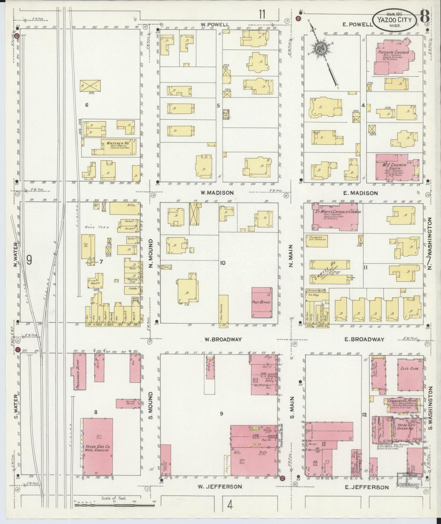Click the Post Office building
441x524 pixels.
pos(262,302)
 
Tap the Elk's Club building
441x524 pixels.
pos(410,375)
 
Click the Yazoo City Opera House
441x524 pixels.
pos(404,429)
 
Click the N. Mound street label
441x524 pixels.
pos(150,257)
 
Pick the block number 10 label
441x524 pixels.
pos(223,262)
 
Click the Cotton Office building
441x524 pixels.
pos(128,403)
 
